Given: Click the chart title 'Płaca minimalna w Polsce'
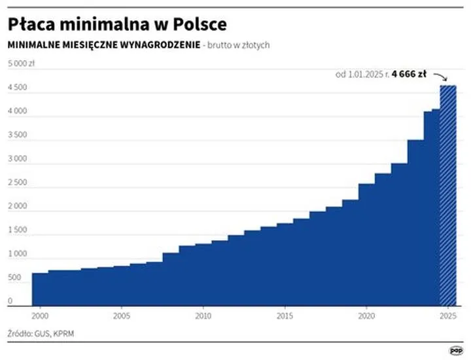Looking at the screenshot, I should (x=117, y=24).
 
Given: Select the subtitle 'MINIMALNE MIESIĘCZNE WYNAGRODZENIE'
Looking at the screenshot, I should (x=103, y=45).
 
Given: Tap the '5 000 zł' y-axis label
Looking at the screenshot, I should (x=21, y=63).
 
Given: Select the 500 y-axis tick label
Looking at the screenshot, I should (x=14, y=278).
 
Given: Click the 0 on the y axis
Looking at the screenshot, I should (x=10, y=302).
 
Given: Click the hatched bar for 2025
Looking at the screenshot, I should (x=448, y=196).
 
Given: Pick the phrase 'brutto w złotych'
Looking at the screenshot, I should (x=239, y=45).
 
